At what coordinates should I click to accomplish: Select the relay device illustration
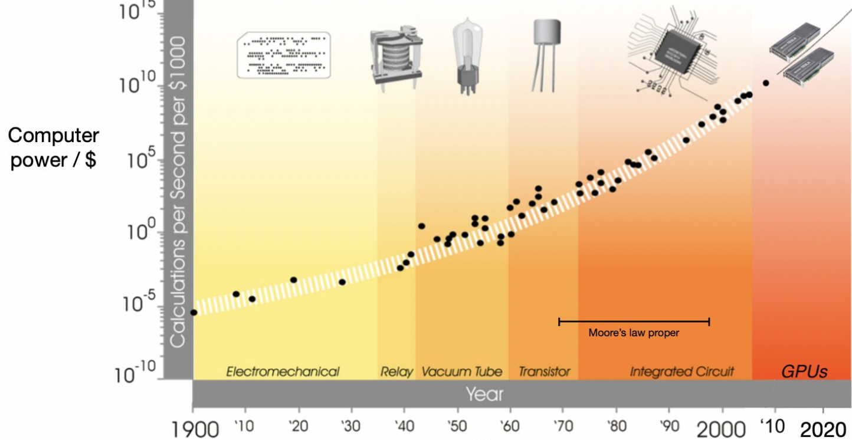click(396, 58)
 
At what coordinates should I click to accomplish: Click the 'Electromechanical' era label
click(283, 372)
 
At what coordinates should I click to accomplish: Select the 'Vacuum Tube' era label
click(461, 372)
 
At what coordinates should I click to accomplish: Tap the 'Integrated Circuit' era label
click(681, 372)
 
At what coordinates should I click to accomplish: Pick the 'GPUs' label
click(804, 372)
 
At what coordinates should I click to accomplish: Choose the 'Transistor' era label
click(544, 372)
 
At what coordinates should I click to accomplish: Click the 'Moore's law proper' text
click(634, 333)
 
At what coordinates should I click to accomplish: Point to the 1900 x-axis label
click(195, 428)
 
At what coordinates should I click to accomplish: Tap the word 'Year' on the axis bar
click(484, 393)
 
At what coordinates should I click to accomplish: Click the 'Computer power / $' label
click(53, 147)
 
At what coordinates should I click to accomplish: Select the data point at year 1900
click(194, 312)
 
